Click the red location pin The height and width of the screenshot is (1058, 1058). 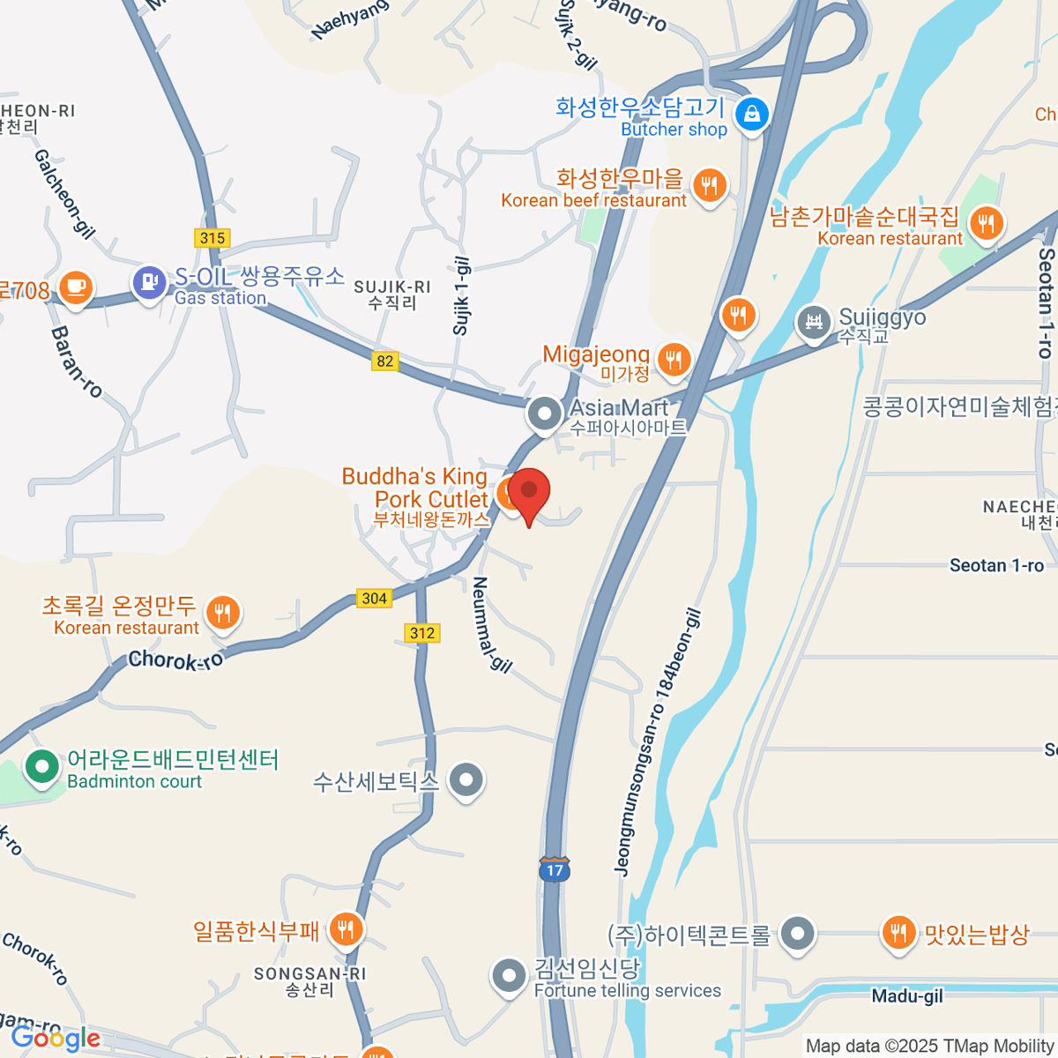(529, 493)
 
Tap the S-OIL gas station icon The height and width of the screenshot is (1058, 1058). (149, 282)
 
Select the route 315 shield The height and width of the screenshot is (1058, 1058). (212, 237)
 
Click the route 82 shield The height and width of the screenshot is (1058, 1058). (384, 361)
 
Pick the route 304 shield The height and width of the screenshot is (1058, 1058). (374, 598)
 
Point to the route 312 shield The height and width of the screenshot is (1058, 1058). (422, 633)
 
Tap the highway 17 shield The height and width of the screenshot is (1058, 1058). (555, 868)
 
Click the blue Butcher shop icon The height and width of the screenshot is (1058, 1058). (752, 114)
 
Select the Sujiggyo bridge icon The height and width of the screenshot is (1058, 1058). (814, 322)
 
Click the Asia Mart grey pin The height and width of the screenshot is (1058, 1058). (545, 413)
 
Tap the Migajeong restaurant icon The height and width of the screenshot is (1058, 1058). (674, 359)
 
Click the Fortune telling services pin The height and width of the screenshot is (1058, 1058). (509, 975)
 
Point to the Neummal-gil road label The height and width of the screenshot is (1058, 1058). (491, 624)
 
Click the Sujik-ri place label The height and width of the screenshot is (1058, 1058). (392, 294)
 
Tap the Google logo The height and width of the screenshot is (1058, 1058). (55, 1039)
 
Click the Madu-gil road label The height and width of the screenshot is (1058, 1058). (907, 996)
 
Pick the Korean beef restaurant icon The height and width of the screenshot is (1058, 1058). (710, 185)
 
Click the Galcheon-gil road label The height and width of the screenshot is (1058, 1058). (64, 193)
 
